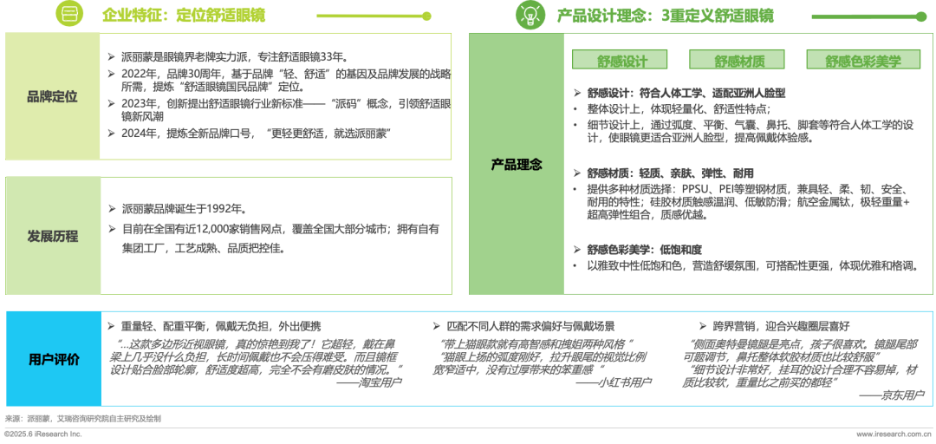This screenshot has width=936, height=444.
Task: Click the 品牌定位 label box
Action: (x=53, y=96)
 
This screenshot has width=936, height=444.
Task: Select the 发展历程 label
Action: (x=53, y=236)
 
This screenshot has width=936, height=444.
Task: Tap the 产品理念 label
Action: (x=517, y=164)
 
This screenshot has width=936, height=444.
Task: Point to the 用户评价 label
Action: (x=53, y=359)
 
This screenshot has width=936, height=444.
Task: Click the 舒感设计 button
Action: (x=622, y=61)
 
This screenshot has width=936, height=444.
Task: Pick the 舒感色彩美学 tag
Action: (x=862, y=61)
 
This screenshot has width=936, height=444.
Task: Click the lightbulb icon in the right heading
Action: (x=530, y=15)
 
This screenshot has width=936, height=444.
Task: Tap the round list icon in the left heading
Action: (x=69, y=15)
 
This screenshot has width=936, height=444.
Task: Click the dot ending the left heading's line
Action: (x=426, y=16)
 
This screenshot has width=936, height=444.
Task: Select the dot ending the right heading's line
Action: (x=921, y=16)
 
